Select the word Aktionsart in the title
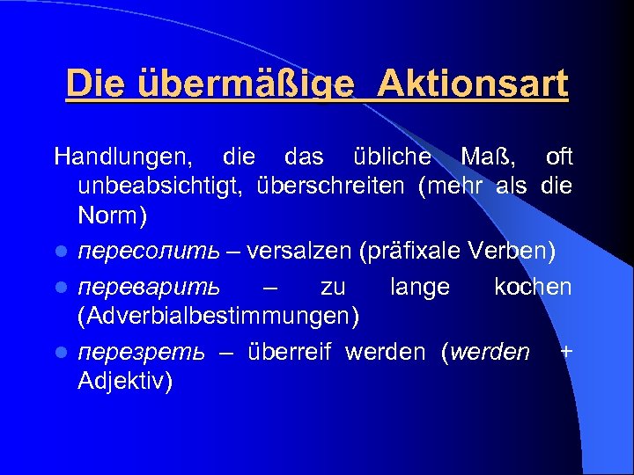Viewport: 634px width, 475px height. (476, 85)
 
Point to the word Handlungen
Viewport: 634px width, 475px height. (122, 157)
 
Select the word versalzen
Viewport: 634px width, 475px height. (300, 252)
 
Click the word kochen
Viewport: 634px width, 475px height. (533, 288)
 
